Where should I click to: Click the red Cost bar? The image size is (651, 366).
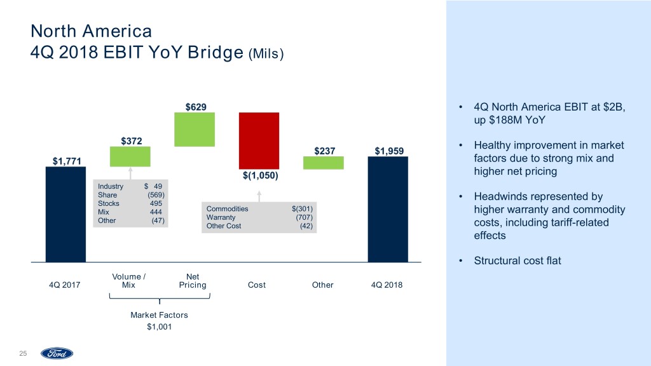259,139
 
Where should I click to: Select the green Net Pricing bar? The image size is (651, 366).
195,130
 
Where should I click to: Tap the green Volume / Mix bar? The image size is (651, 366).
130,156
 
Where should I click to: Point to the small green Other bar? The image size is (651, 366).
323,163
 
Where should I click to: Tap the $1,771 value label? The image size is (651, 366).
63,161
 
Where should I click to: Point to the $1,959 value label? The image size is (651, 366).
388,151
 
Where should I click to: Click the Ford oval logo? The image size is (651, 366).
57,353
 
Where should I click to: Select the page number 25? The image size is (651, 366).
23,353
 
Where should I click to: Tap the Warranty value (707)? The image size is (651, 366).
304,217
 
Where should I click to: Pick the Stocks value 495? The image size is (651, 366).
156,203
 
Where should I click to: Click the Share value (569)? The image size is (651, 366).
156,194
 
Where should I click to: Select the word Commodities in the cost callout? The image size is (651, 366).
228,208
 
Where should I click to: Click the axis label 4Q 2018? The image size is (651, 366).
387,285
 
